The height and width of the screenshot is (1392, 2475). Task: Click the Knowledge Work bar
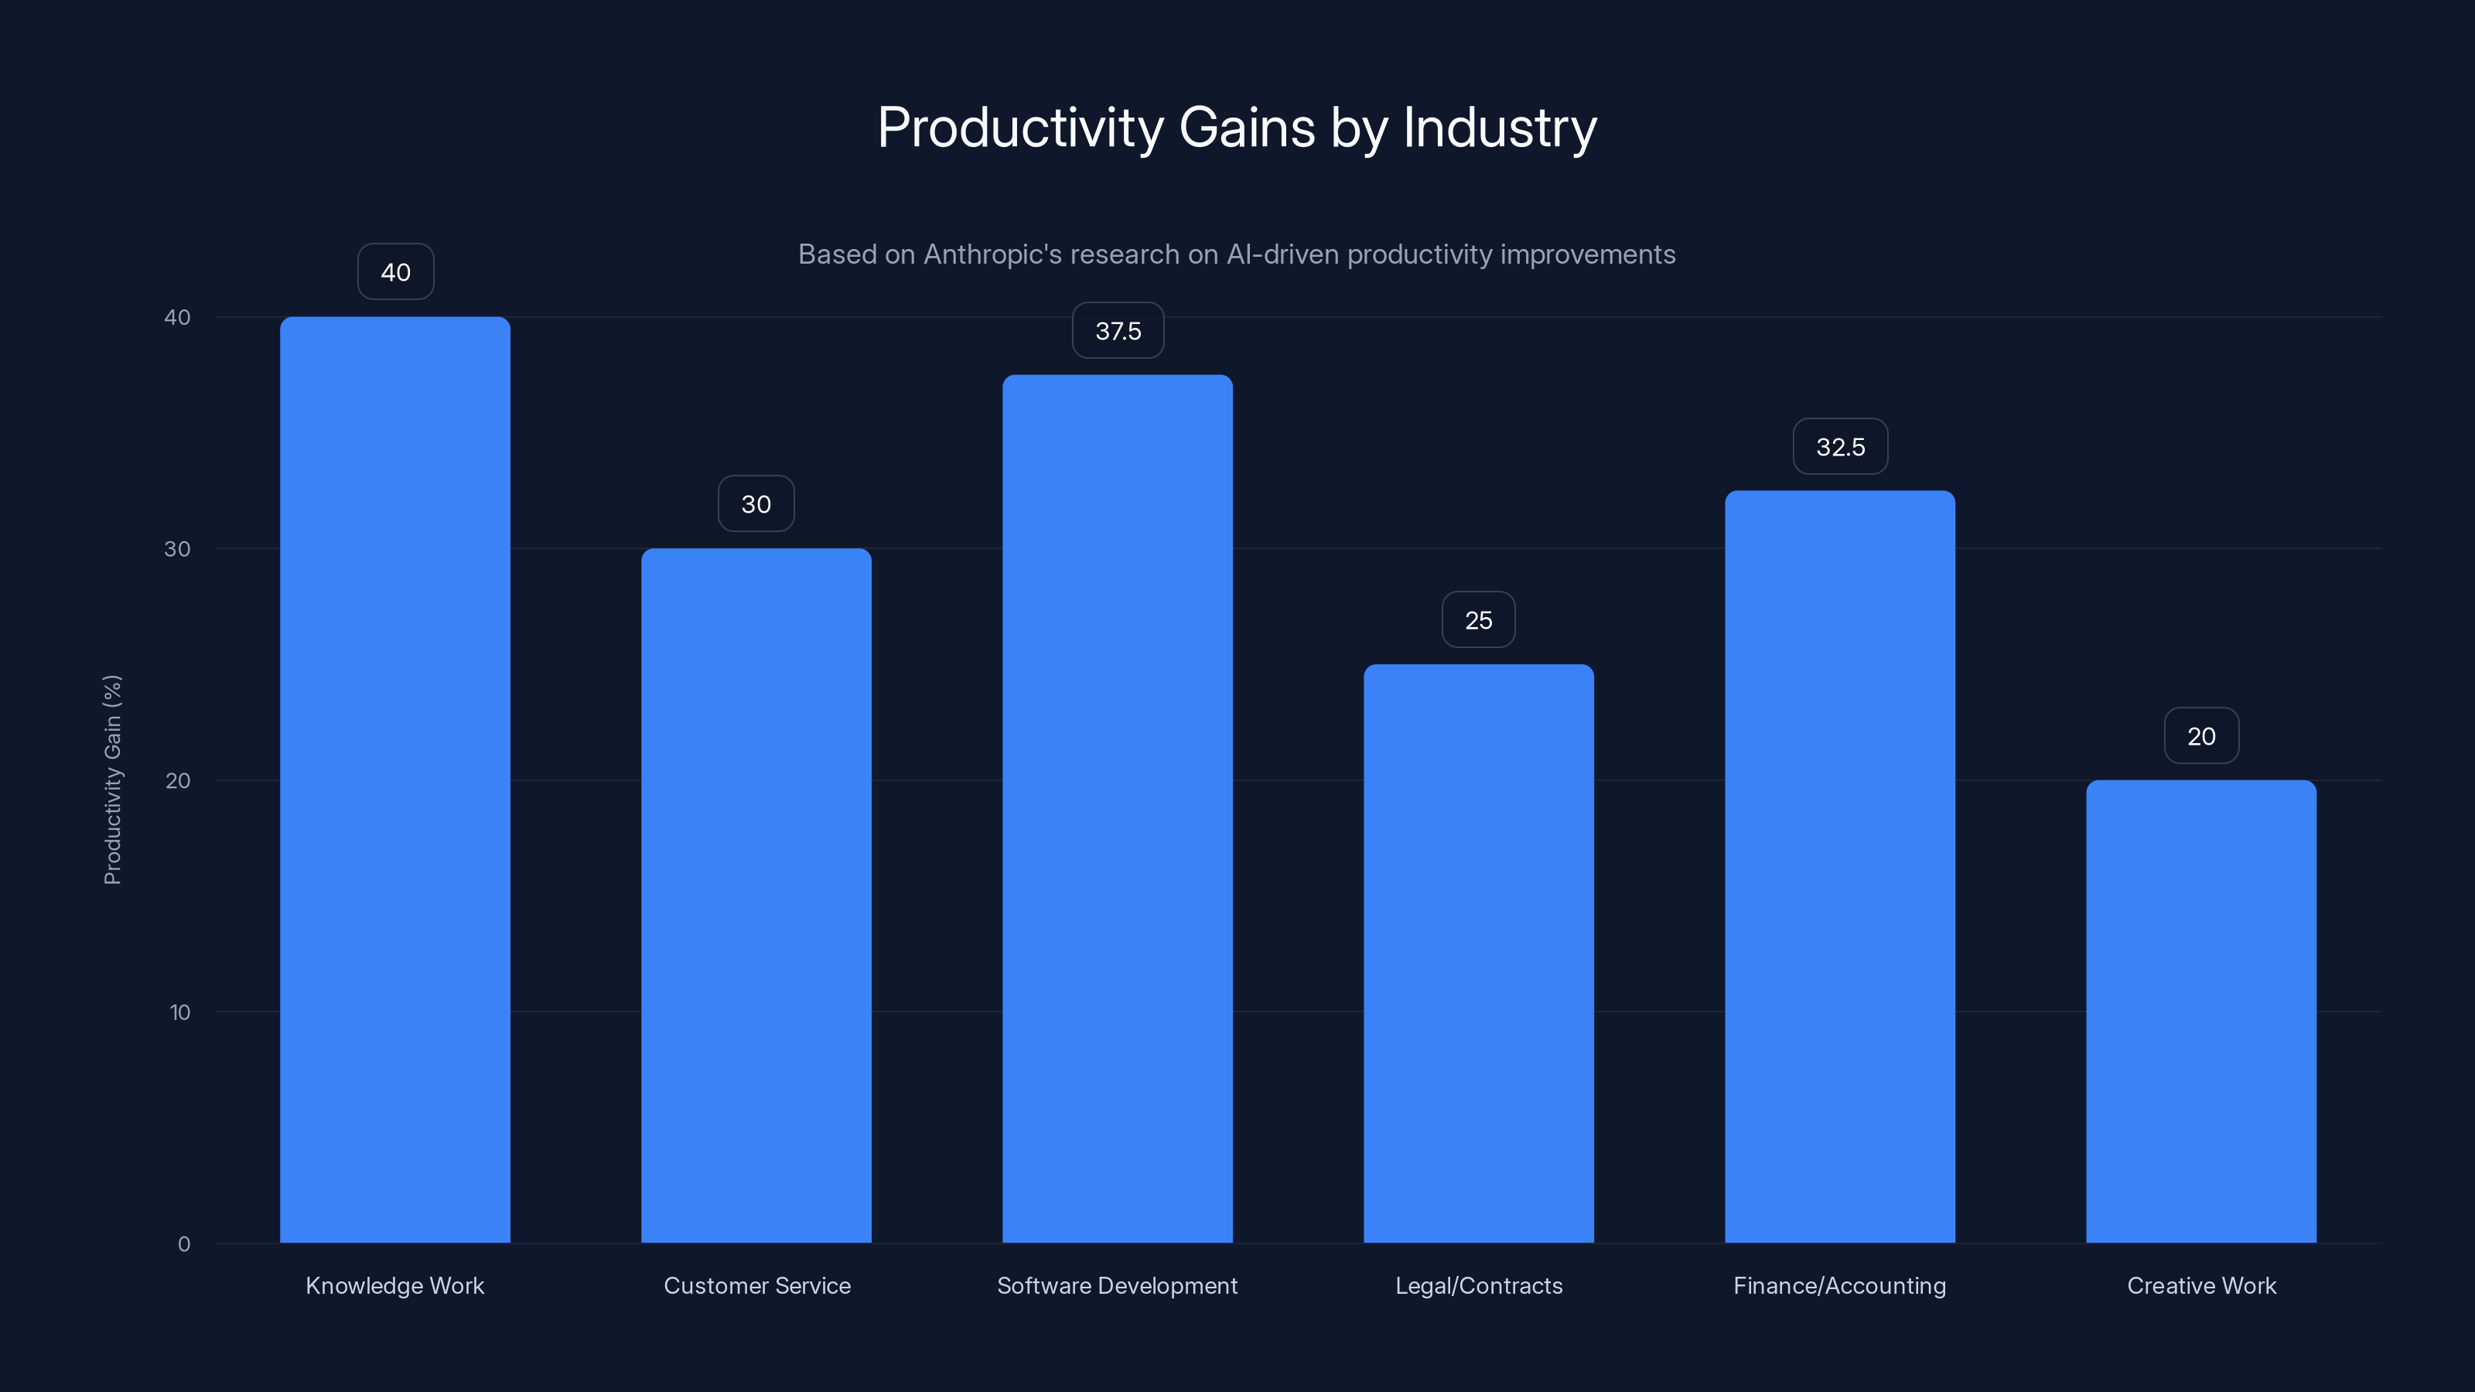(x=395, y=778)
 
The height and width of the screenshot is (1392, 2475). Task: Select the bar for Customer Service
(x=756, y=893)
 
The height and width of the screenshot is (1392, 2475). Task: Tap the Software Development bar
(x=1118, y=807)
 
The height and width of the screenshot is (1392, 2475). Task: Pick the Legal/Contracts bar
(x=1479, y=951)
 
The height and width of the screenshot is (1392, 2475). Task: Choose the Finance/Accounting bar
(x=1840, y=865)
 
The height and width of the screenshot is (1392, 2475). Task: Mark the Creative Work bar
(x=2201, y=1008)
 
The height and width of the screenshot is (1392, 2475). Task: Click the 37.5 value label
(x=1118, y=330)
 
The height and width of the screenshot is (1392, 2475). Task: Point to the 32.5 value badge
(x=1840, y=447)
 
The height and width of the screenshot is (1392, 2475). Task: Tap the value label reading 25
(x=1479, y=619)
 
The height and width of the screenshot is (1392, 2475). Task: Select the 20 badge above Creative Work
(x=2201, y=736)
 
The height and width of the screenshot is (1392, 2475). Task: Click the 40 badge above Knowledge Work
(x=396, y=272)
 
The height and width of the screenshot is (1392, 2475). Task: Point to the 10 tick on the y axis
(x=179, y=1012)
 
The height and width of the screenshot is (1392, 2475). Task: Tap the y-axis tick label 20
(x=178, y=780)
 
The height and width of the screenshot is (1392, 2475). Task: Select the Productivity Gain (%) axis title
(x=112, y=779)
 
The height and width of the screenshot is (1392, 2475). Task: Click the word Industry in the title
(x=1500, y=128)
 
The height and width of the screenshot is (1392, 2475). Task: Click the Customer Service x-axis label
(x=757, y=1285)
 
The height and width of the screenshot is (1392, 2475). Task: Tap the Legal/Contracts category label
(x=1479, y=1285)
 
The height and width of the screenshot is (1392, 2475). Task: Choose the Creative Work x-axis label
(x=2201, y=1285)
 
